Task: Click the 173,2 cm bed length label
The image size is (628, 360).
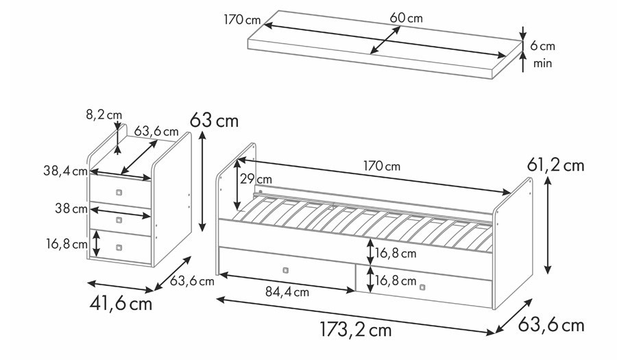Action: pyautogui.click(x=356, y=330)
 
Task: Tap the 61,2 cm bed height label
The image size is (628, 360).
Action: pyautogui.click(x=555, y=165)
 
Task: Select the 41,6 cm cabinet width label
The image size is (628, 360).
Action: pyautogui.click(x=121, y=304)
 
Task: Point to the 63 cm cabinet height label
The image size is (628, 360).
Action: pyautogui.click(x=215, y=120)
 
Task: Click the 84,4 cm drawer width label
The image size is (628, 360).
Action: pyautogui.click(x=287, y=292)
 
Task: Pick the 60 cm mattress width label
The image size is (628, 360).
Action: pyautogui.click(x=406, y=18)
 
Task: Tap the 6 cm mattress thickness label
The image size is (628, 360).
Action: pyautogui.click(x=543, y=46)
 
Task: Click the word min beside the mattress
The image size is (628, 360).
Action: pyautogui.click(x=542, y=63)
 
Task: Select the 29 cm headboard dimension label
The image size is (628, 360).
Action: pyautogui.click(x=256, y=179)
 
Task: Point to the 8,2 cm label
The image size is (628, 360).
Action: pyautogui.click(x=104, y=115)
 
